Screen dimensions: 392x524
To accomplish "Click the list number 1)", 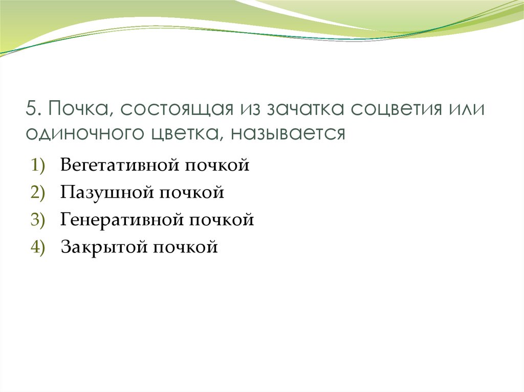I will [39, 165].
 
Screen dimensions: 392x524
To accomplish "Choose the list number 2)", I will [39, 193].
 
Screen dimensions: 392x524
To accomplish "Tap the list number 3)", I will [39, 220].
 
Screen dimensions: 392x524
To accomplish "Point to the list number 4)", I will [39, 248].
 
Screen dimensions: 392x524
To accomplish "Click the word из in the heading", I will [243, 110].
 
